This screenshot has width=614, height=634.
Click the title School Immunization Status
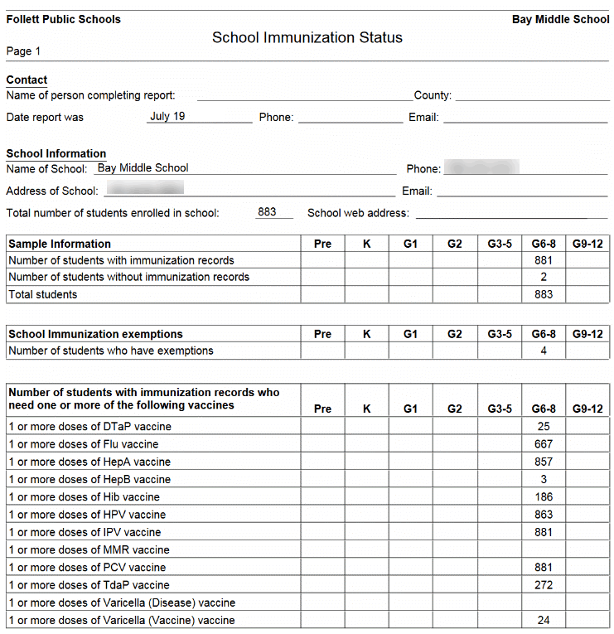pos(307,37)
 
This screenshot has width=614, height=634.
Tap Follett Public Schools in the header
pos(63,19)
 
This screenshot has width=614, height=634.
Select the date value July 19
pos(167,116)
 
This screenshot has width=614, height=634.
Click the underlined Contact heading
pos(27,80)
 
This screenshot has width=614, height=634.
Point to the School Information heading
pos(56,153)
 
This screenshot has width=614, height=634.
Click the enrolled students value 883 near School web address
pos(267,212)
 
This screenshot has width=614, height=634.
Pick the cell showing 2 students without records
pos(543,277)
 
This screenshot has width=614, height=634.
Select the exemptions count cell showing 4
pos(543,351)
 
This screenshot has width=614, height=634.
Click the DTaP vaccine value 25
pos(543,426)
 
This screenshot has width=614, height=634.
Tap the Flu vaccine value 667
pos(543,444)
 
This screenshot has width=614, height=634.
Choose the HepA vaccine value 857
pos(543,462)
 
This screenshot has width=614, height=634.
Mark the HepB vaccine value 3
pos(543,479)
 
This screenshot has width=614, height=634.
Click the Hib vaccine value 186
pos(543,496)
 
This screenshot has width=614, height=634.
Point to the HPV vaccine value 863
pos(543,515)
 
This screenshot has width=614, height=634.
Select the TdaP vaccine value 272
pos(543,585)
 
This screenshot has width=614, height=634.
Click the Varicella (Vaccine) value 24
pos(543,620)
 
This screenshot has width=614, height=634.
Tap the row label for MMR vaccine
pos(89,549)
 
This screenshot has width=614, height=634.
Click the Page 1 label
pos(23,51)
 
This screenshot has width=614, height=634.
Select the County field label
pos(433,95)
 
